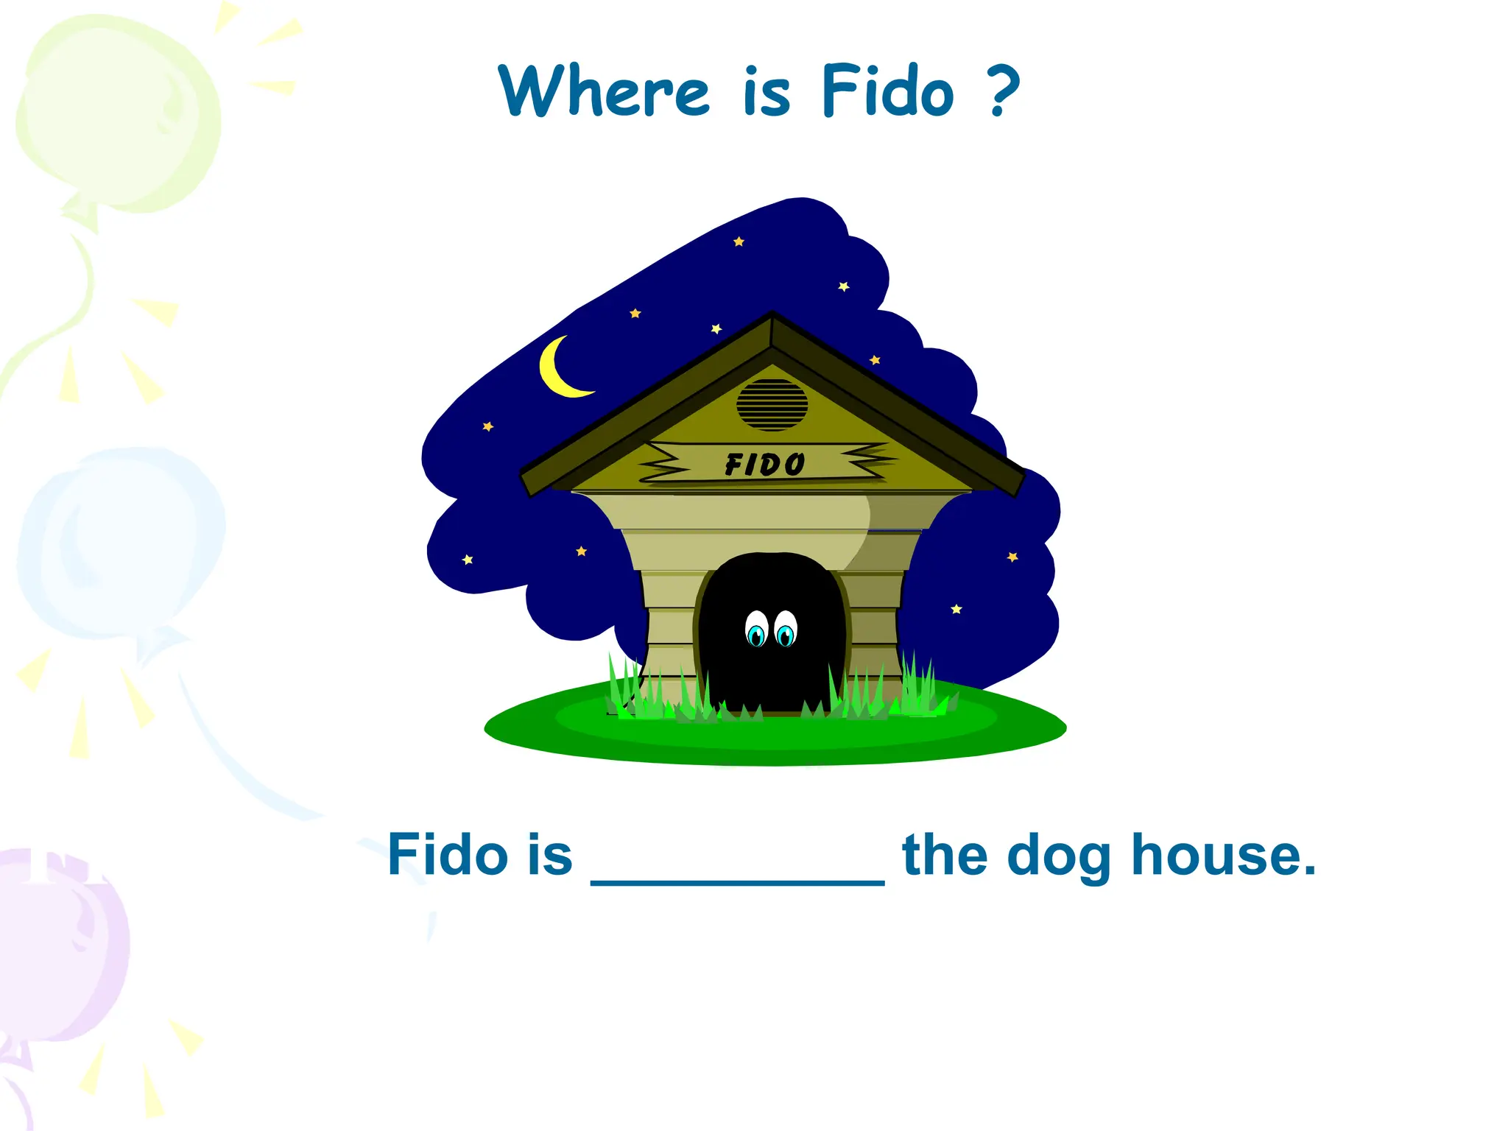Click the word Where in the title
(x=604, y=91)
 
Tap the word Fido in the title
(x=887, y=91)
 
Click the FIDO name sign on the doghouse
(x=766, y=464)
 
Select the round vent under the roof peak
(x=772, y=405)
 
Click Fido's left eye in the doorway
(x=756, y=630)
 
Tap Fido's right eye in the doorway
(x=786, y=630)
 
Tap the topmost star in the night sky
(x=739, y=242)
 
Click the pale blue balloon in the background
(x=121, y=545)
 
